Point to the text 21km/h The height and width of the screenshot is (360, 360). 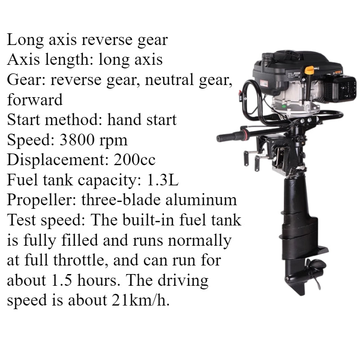tap(139, 300)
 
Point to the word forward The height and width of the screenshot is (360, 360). tap(35, 100)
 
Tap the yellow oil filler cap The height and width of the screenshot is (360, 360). tap(309, 70)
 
